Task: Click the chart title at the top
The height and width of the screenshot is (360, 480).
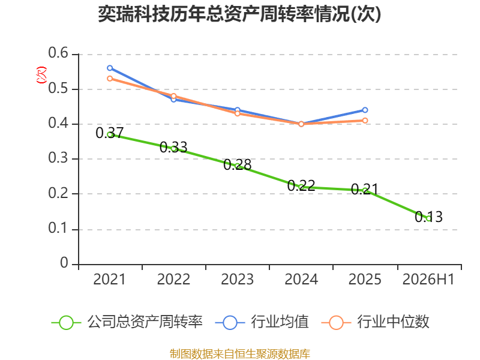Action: click(239, 14)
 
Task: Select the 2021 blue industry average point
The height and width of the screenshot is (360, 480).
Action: click(110, 68)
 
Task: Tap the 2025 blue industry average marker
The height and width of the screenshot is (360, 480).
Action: click(365, 110)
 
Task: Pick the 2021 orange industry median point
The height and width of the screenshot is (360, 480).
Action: click(110, 79)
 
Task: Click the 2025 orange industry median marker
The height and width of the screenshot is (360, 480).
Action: click(365, 121)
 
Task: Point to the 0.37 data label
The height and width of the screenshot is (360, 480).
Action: click(110, 133)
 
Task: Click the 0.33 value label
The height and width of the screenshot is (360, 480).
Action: click(173, 147)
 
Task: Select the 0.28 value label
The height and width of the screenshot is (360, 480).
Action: click(237, 164)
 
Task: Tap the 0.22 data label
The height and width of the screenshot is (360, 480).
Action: click(301, 185)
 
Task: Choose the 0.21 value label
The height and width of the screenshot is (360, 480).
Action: click(365, 189)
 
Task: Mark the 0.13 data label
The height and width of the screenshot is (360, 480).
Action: click(428, 217)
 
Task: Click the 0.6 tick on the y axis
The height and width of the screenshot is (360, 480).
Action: click(58, 53)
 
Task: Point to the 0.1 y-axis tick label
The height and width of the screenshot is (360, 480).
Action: click(58, 228)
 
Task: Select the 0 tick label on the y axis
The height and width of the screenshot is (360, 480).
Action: click(64, 263)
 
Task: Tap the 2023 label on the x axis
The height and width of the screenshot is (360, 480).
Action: click(237, 279)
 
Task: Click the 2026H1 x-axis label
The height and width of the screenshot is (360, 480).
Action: click(428, 279)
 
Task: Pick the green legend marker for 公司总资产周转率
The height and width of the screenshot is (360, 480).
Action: click(66, 323)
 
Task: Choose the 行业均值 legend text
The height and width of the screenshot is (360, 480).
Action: click(280, 322)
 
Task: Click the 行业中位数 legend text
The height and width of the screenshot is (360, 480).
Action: click(393, 322)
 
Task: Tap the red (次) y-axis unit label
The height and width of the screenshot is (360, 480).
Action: click(41, 75)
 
